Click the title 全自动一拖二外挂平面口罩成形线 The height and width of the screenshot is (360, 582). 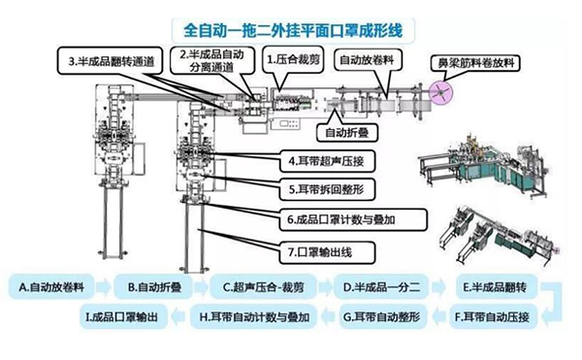click(293, 30)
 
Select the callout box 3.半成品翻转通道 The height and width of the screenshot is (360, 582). click(111, 61)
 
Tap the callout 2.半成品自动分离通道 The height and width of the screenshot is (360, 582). click(212, 60)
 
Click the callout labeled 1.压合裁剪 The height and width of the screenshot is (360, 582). click(293, 59)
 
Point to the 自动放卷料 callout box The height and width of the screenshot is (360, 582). click(368, 60)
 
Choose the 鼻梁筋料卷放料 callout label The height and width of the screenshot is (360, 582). click(476, 63)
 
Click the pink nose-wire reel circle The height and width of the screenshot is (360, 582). click(440, 92)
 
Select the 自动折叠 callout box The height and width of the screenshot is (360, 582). click(347, 133)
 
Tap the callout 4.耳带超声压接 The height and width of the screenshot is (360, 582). click(327, 161)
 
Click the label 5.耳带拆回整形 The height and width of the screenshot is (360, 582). click(327, 189)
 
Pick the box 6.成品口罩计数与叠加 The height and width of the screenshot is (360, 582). click(353, 219)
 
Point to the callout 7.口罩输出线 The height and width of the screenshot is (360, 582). click(327, 252)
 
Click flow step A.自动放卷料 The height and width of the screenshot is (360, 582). click(51, 287)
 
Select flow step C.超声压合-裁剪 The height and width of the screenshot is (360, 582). click(264, 287)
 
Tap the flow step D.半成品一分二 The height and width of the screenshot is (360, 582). click(381, 287)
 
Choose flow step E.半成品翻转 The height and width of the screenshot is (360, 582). click(497, 287)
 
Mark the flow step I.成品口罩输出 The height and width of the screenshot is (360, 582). click(123, 317)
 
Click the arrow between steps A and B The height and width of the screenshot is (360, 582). click(104, 287)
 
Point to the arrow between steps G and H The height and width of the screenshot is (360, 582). click(328, 317)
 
